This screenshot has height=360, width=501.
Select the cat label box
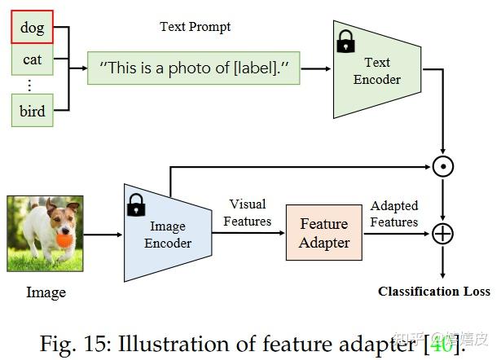(x=33, y=59)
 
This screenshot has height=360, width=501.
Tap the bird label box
(x=33, y=110)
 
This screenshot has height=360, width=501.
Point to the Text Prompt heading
(x=195, y=27)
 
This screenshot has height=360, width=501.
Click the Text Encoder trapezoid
(x=377, y=70)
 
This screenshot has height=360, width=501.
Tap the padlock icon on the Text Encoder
(x=346, y=42)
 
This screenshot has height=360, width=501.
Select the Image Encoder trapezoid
(x=168, y=234)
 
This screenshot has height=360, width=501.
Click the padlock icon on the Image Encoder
(x=135, y=206)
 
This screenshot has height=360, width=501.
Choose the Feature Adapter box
(x=323, y=233)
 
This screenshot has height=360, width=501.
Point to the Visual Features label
(x=248, y=212)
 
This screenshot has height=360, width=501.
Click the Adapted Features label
(x=394, y=214)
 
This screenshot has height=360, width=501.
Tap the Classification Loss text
(x=434, y=291)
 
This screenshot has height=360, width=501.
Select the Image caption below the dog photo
(x=46, y=292)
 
